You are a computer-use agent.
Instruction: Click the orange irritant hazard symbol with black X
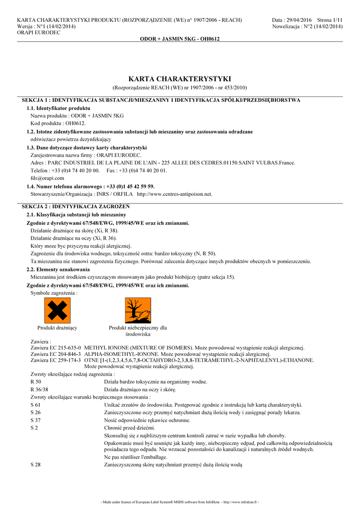(x=57, y=310)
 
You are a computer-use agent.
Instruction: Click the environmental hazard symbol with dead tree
(x=138, y=310)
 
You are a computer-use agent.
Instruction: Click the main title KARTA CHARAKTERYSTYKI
(x=180, y=79)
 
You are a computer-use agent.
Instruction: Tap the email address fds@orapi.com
(x=47, y=177)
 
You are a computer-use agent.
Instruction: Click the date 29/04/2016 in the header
(x=298, y=20)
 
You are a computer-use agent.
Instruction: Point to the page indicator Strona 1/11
(x=329, y=20)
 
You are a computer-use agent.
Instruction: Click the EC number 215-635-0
(x=69, y=348)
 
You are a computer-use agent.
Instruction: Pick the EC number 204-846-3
(x=69, y=354)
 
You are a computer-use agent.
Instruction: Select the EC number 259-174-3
(x=69, y=360)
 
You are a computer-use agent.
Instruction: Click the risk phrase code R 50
(x=36, y=382)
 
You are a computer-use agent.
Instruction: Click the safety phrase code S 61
(x=35, y=405)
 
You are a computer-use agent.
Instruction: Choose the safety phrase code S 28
(x=35, y=464)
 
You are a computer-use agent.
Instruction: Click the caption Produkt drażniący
(x=57, y=328)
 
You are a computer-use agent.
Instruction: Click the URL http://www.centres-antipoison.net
(x=174, y=194)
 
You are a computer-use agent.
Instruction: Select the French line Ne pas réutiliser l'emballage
(x=136, y=457)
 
